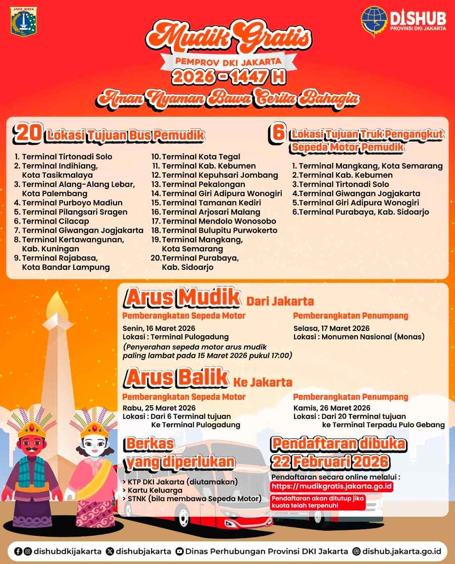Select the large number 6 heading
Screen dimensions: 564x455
(277, 134)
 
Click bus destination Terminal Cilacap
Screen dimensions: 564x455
(55, 221)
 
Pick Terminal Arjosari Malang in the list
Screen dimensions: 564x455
(211, 212)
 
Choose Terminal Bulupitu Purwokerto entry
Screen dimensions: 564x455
(219, 230)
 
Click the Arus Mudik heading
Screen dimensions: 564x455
(183, 297)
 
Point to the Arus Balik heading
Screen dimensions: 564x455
(177, 377)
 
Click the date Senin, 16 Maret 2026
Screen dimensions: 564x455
(159, 328)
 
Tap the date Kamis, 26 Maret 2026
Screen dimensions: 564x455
(332, 408)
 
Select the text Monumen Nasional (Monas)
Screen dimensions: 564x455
(373, 337)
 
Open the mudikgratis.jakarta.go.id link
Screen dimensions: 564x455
(332, 486)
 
